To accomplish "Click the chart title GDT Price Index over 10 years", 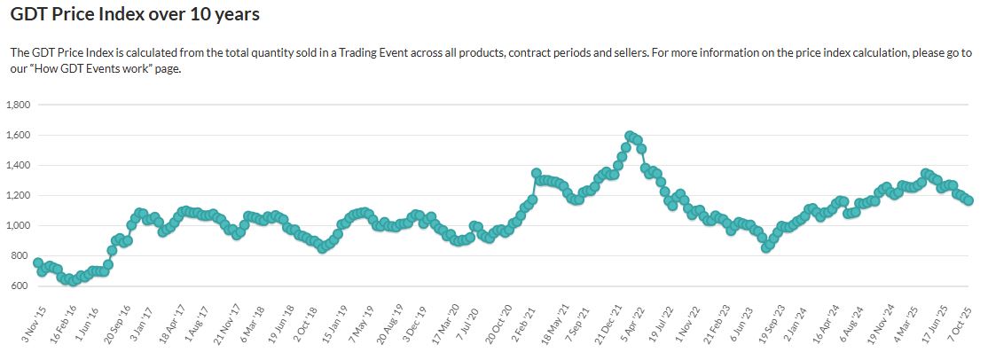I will pyautogui.click(x=135, y=16).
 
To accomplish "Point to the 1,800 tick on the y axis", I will pyautogui.click(x=19, y=105).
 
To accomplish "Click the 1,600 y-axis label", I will pyautogui.click(x=19, y=135).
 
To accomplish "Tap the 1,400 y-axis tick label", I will pyautogui.click(x=19, y=165).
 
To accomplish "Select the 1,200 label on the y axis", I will pyautogui.click(x=19, y=195).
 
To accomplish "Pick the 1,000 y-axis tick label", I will pyautogui.click(x=19, y=226).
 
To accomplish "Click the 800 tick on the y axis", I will pyautogui.click(x=22, y=256).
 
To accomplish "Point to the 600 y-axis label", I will pyautogui.click(x=22, y=286).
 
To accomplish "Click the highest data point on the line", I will pyautogui.click(x=630, y=136).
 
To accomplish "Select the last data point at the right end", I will pyautogui.click(x=968, y=200).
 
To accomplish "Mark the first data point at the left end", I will pyautogui.click(x=37, y=262).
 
